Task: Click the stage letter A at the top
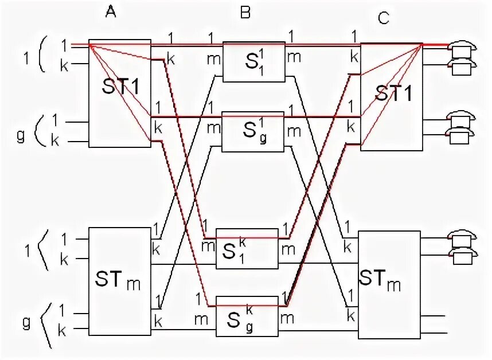point(111,10)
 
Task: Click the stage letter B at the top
point(245,12)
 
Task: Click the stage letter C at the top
point(384,18)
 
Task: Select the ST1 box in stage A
point(119,93)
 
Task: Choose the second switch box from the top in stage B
point(253,131)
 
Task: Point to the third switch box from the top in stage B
point(247,249)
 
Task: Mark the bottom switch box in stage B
point(247,316)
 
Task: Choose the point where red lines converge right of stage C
point(423,45)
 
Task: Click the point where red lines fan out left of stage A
point(90,44)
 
